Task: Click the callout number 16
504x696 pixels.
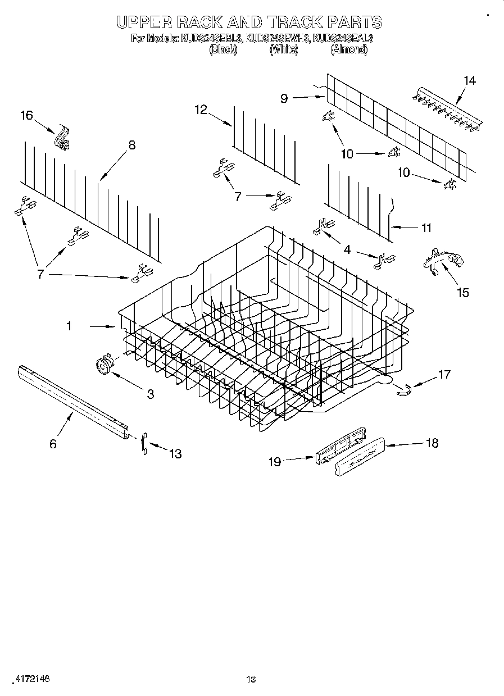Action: (x=26, y=115)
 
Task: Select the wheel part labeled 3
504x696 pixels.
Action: (x=103, y=365)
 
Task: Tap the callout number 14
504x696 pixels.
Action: (x=469, y=80)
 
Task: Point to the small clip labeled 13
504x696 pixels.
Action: (x=144, y=443)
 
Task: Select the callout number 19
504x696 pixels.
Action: (x=274, y=462)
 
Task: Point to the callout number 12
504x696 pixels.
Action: (x=201, y=110)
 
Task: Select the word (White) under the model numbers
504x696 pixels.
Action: (x=283, y=49)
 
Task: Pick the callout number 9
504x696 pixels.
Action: (x=284, y=98)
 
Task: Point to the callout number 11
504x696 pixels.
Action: (x=426, y=228)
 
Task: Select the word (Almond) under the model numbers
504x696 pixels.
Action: (x=349, y=49)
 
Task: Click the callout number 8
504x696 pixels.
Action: (x=131, y=144)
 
